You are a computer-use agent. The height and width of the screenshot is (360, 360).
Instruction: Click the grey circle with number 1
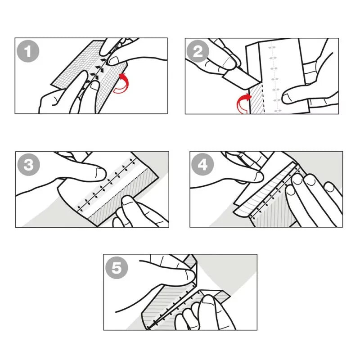point(28,51)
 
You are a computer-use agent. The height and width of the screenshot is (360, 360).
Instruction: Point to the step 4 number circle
point(202,165)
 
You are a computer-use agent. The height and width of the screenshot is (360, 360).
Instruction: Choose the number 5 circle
point(117,268)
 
